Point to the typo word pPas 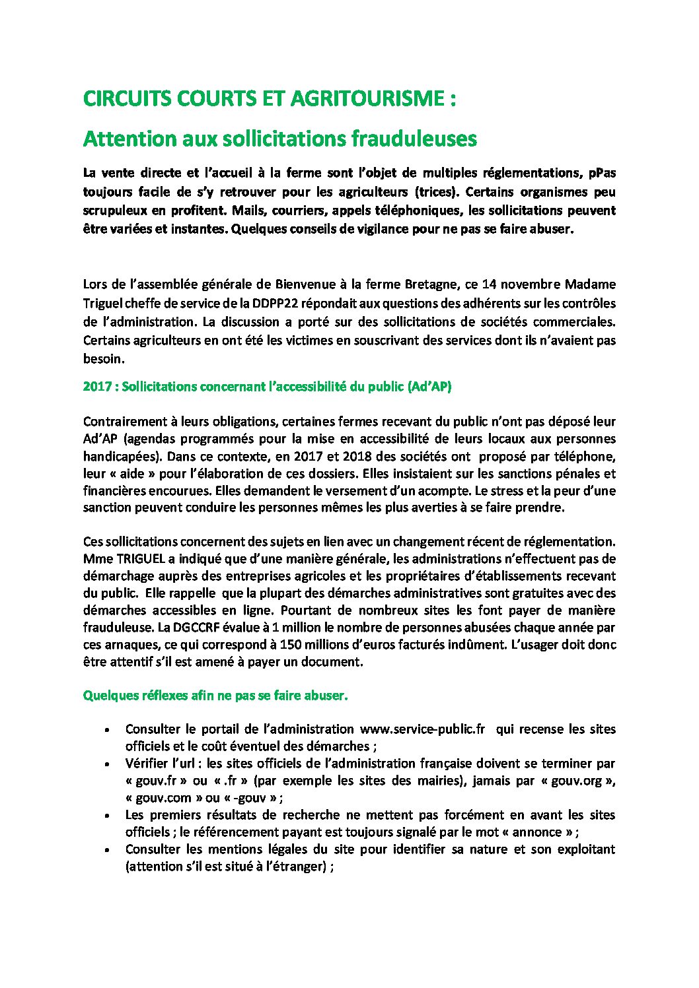pos(601,173)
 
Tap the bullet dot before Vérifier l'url pos(108,764)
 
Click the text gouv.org pos(580,781)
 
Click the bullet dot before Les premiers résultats pos(108,815)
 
